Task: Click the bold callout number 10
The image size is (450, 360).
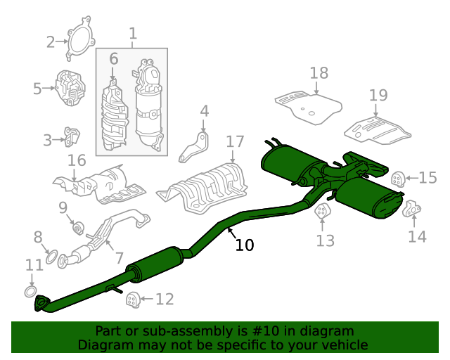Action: pos(245,245)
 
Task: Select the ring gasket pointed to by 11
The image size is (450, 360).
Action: pos(30,291)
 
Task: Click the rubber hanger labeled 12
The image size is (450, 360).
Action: pos(133,300)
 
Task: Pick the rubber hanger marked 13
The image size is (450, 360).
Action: pos(322,211)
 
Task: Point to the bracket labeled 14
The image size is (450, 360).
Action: pos(411,209)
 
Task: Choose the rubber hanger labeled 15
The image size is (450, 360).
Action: pos(398,178)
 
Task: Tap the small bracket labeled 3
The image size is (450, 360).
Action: pos(72,137)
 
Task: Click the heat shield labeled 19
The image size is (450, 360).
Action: pos(378,131)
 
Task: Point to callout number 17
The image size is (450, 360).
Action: pos(235,142)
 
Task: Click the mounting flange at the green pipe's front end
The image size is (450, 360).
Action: pos(41,304)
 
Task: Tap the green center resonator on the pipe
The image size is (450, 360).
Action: pos(155,264)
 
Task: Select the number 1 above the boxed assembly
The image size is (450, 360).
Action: pos(133,34)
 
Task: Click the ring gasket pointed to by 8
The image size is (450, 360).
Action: pos(51,257)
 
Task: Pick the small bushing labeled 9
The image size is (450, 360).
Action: pos(78,228)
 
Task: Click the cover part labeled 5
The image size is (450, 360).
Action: pos(70,88)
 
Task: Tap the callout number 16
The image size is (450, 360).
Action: pos(77,160)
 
